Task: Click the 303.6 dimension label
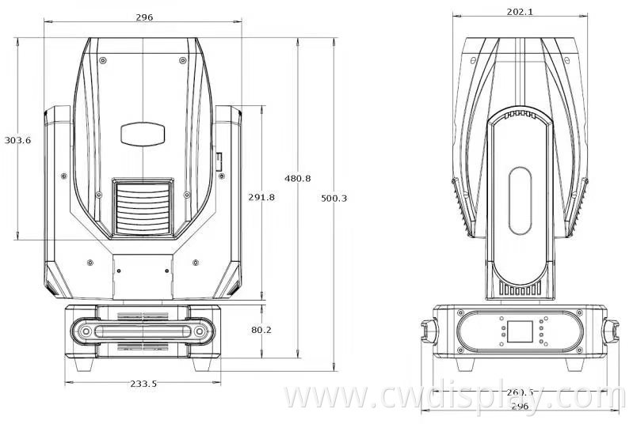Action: point(17,140)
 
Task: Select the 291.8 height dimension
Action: point(261,197)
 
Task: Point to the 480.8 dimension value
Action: point(298,180)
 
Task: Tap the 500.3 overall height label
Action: point(334,198)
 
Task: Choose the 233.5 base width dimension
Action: point(143,384)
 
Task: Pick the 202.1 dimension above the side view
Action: point(520,11)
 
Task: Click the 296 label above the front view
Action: point(144,17)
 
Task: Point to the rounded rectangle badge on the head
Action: point(143,132)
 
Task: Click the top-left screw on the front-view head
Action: point(102,59)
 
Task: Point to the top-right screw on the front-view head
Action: point(183,59)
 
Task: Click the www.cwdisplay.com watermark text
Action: point(448,396)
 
